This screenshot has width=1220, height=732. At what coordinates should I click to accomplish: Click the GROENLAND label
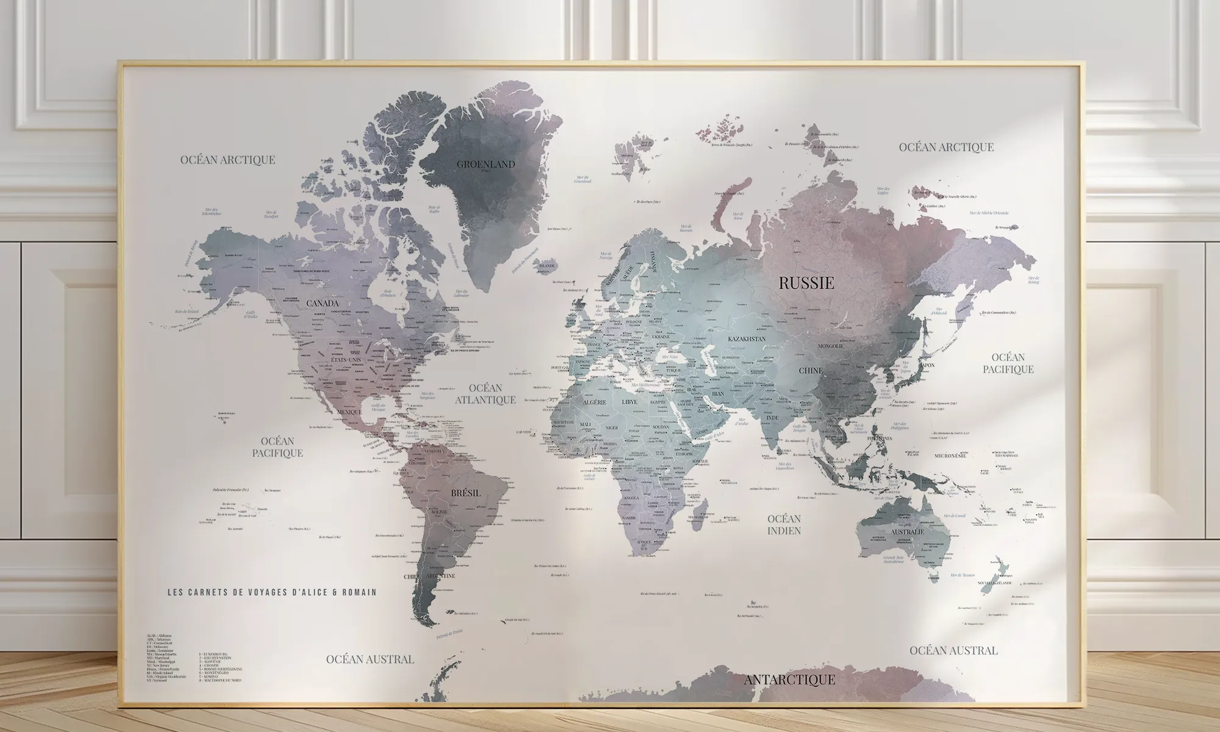[x=486, y=164]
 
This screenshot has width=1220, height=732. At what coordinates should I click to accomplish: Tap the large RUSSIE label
[x=806, y=283]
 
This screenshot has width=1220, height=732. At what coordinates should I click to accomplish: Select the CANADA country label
[x=323, y=303]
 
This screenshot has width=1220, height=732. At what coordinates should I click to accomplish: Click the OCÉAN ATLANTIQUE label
[x=486, y=394]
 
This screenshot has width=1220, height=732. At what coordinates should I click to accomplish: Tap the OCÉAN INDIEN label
[x=784, y=525]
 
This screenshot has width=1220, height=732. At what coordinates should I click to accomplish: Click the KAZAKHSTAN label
[x=747, y=338]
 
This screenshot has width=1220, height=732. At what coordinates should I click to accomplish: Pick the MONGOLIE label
[x=831, y=346]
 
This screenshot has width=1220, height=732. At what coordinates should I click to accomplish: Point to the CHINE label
[x=811, y=370]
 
